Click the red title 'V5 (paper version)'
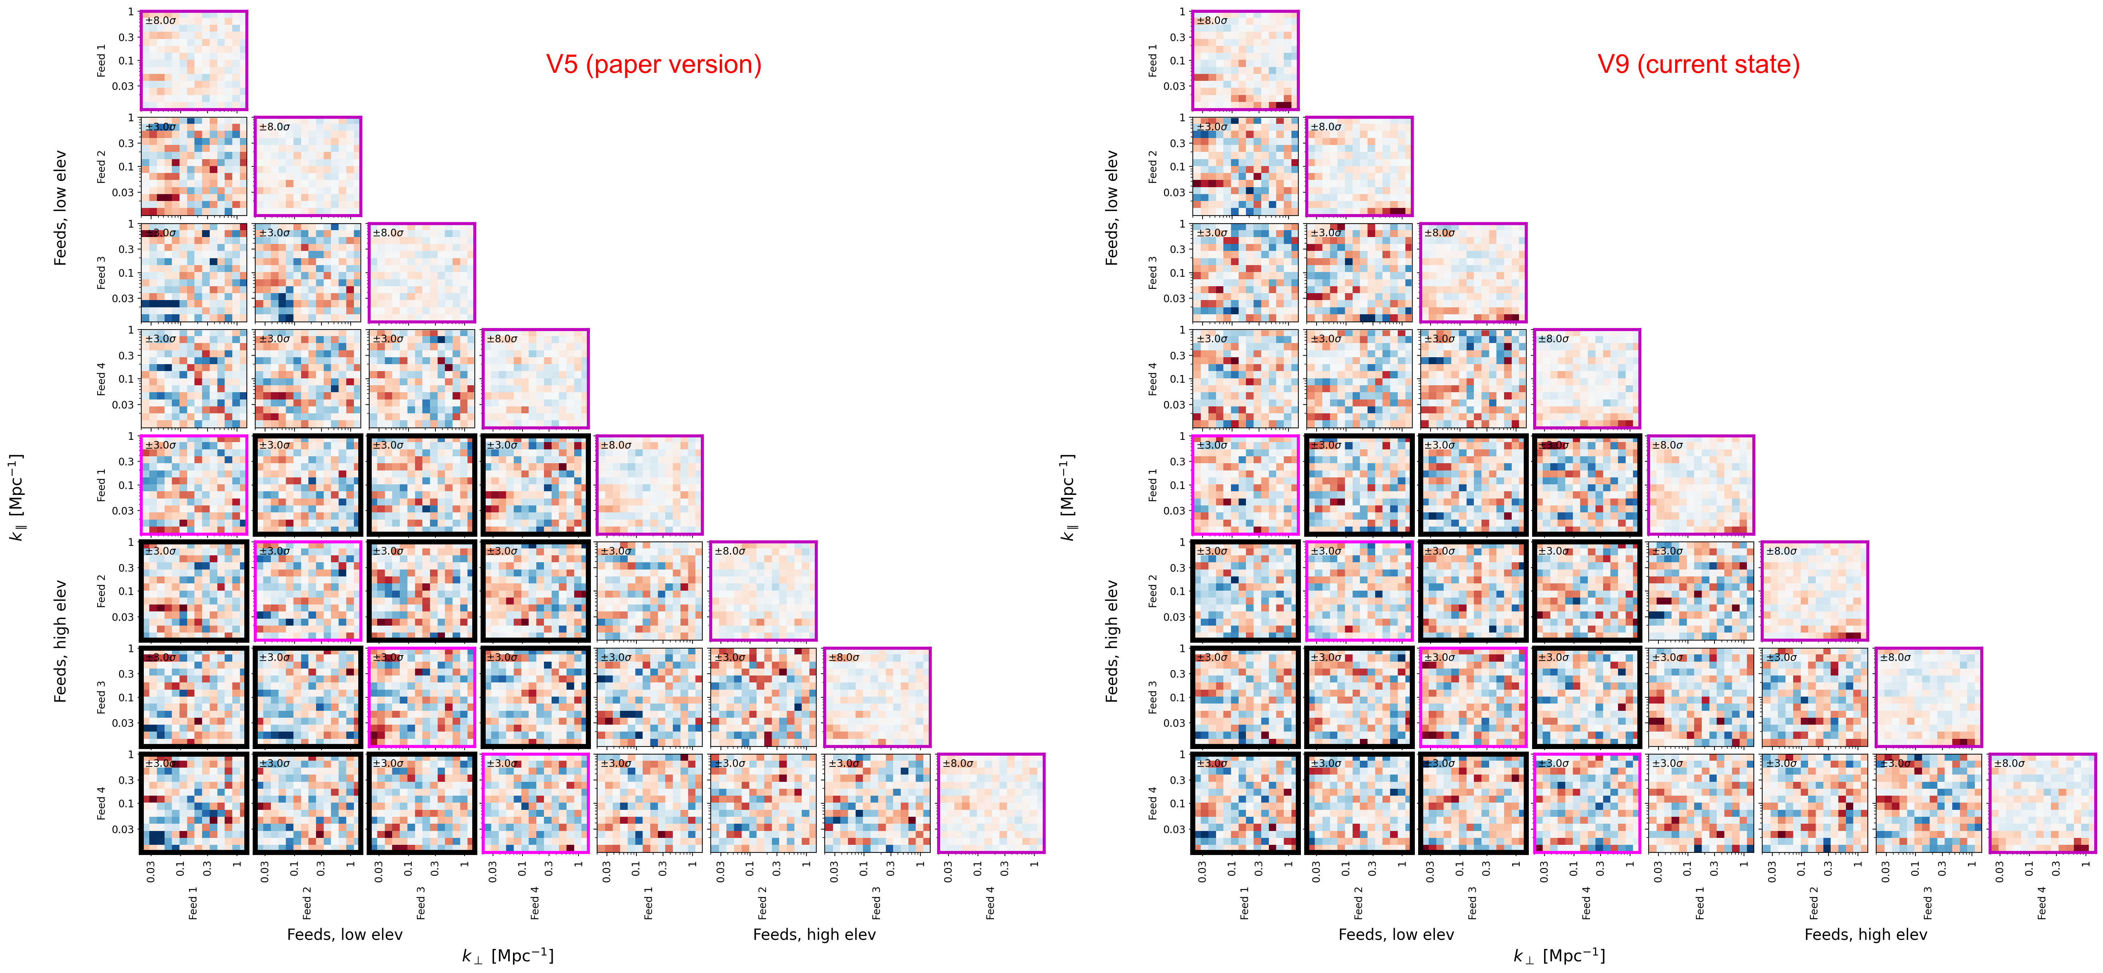pos(653,64)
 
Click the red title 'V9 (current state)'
pos(1698,64)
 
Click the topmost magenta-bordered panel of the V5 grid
pos(193,60)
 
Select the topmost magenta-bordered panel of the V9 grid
pos(1245,60)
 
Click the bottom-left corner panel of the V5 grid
pos(193,803)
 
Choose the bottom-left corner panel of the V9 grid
pos(1245,803)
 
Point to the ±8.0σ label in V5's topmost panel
pos(161,20)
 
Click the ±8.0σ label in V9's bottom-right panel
pos(2009,763)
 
